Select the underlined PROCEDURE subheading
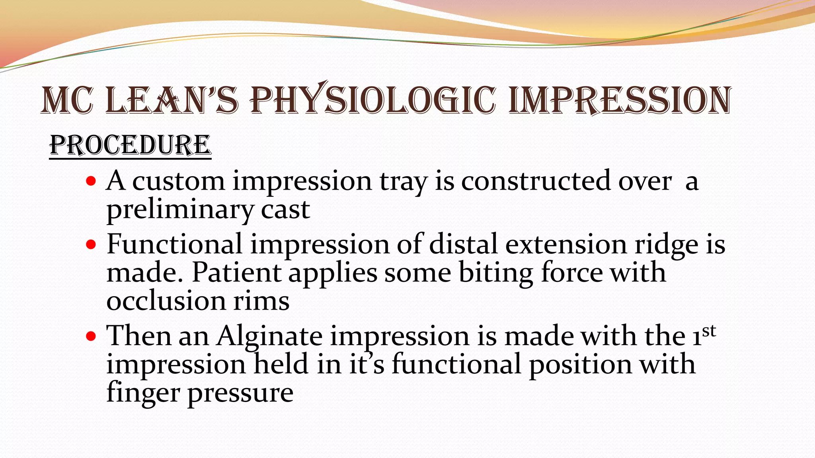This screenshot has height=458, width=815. click(130, 145)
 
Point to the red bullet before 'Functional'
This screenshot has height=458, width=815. click(91, 245)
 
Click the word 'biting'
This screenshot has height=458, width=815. click(496, 273)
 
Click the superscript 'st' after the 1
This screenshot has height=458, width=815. click(709, 331)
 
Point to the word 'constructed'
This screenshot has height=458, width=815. click(536, 182)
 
